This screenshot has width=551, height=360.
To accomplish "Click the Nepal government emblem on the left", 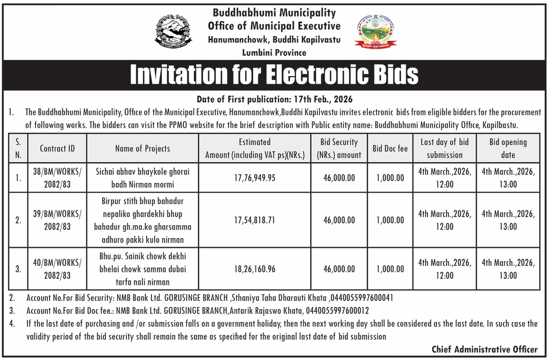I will click(174, 32).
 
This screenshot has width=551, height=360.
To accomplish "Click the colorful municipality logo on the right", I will click(376, 32).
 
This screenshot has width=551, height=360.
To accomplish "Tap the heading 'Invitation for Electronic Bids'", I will click(274, 74).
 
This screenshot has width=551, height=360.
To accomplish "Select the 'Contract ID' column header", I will click(57, 149).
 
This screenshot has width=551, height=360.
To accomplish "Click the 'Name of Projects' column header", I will click(142, 149).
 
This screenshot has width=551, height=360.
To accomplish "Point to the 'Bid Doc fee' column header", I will click(390, 149).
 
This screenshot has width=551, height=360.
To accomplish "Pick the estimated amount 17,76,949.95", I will click(254, 178).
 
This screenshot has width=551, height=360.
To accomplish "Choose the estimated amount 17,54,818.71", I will click(254, 220).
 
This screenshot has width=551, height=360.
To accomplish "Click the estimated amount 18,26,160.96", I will click(254, 269).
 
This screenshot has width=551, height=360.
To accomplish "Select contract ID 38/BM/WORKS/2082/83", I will click(57, 178).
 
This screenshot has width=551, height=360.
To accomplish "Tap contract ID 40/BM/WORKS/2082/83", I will click(57, 269).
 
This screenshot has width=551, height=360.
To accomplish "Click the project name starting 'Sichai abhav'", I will click(142, 178).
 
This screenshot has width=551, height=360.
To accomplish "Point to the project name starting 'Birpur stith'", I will click(142, 220).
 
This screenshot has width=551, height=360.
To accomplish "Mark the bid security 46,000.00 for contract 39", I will click(339, 220).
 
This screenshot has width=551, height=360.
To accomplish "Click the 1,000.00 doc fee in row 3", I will click(390, 269).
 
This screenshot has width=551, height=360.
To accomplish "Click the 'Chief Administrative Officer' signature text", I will click(484, 350).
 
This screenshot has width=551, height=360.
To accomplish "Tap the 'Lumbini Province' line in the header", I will click(274, 53).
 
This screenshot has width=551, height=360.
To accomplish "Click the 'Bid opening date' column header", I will click(508, 149).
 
